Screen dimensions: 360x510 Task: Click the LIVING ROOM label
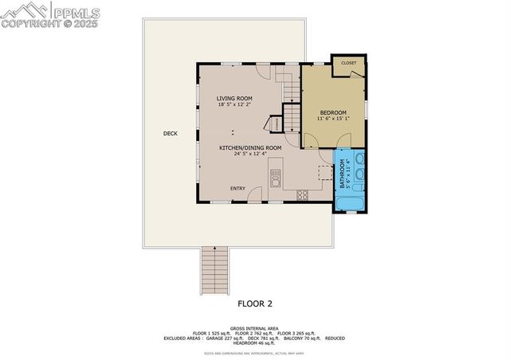pyautogui.click(x=234, y=98)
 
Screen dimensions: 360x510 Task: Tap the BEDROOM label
pyautogui.click(x=333, y=113)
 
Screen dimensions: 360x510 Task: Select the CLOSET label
pyautogui.click(x=348, y=62)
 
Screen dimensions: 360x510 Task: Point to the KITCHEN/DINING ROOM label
pyautogui.click(x=251, y=147)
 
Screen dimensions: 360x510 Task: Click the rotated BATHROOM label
pyautogui.click(x=343, y=174)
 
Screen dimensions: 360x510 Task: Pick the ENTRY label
pyautogui.click(x=237, y=188)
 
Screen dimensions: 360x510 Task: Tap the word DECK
pyautogui.click(x=170, y=133)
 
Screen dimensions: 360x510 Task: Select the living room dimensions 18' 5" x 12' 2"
pyautogui.click(x=234, y=104)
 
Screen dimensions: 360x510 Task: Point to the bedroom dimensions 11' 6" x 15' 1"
pyautogui.click(x=333, y=119)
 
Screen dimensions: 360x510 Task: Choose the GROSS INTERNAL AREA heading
pyautogui.click(x=255, y=327)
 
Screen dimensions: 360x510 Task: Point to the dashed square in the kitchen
pyautogui.click(x=324, y=172)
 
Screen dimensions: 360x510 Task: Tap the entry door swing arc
pyautogui.click(x=255, y=194)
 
